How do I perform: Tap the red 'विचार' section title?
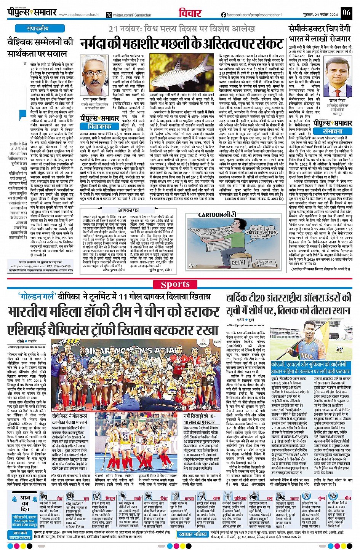pyautogui.click(x=190, y=13)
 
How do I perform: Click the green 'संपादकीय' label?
pyautogui.click(x=38, y=29)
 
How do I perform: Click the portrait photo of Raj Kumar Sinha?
pyautogui.click(x=94, y=70)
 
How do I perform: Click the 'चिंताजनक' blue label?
pyautogui.click(x=99, y=126)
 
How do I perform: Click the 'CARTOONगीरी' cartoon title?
pyautogui.click(x=217, y=215)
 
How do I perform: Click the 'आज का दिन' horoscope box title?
pyautogui.click(x=25, y=503)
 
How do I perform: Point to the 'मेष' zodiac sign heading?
pyautogui.click(x=59, y=498)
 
